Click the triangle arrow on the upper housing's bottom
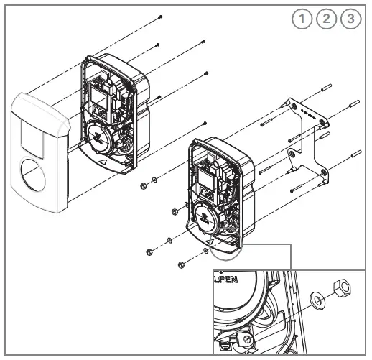[x=106, y=163]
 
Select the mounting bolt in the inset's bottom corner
[x=248, y=338]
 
